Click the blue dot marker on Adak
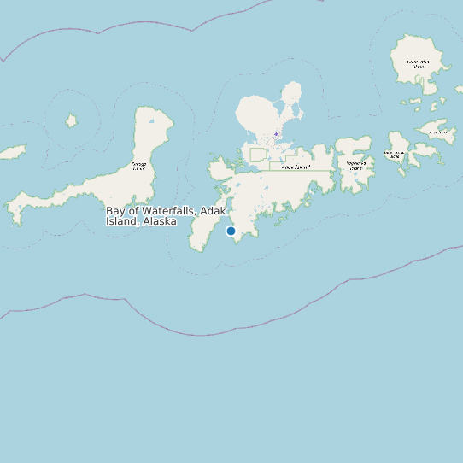[x=231, y=231]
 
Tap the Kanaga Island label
[x=139, y=165]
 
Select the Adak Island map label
[x=295, y=167]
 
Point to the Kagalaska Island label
[x=355, y=165]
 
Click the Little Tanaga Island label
[x=393, y=155]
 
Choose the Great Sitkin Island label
[x=418, y=63]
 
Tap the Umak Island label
[x=439, y=132]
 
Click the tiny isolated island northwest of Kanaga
[x=72, y=121]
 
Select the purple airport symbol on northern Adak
[x=276, y=134]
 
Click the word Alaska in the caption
[x=161, y=221]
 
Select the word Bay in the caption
[x=116, y=210]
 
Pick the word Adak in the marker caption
[x=212, y=210]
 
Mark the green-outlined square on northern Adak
[x=258, y=155]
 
